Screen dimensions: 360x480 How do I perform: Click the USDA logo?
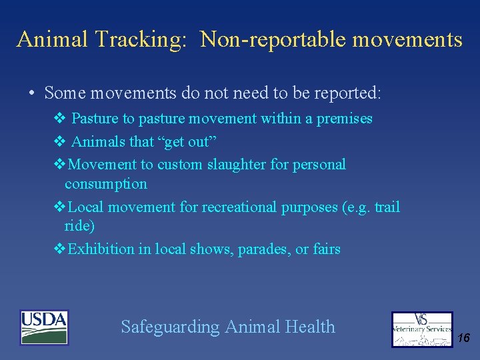tap(44, 327)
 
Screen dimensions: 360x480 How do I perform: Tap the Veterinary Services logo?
tap(422, 329)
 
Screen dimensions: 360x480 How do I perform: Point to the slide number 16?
tap(464, 339)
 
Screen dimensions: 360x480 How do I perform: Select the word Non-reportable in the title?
tap(273, 40)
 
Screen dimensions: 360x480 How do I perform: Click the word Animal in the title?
tap(53, 40)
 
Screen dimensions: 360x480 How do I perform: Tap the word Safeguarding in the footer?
tap(170, 327)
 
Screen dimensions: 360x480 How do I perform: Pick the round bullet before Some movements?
tap(32, 93)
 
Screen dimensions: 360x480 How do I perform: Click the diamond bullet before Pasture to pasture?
tap(59, 119)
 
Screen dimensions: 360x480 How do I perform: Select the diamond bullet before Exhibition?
tap(59, 249)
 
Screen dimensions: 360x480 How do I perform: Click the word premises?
tap(344, 119)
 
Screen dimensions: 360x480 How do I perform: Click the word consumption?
tap(105, 183)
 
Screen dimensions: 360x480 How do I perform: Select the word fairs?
tap(327, 249)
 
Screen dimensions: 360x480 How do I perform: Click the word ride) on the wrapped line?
tap(79, 225)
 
